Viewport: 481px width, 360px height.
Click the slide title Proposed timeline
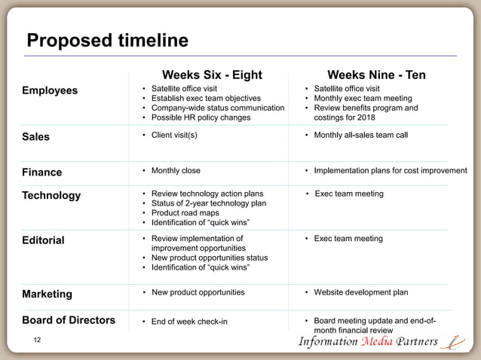click(107, 40)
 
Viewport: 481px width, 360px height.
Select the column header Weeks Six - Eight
click(213, 75)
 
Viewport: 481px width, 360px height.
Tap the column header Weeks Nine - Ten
click(376, 75)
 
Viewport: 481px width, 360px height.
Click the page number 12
click(38, 342)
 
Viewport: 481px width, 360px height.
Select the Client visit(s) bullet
click(174, 136)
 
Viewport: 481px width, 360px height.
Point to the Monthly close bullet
click(176, 170)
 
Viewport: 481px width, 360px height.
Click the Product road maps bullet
click(185, 213)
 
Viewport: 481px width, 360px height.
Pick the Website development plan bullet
click(360, 292)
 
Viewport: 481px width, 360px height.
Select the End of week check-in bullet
click(189, 322)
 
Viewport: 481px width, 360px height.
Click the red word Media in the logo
click(372, 342)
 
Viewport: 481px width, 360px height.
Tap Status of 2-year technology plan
click(208, 203)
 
